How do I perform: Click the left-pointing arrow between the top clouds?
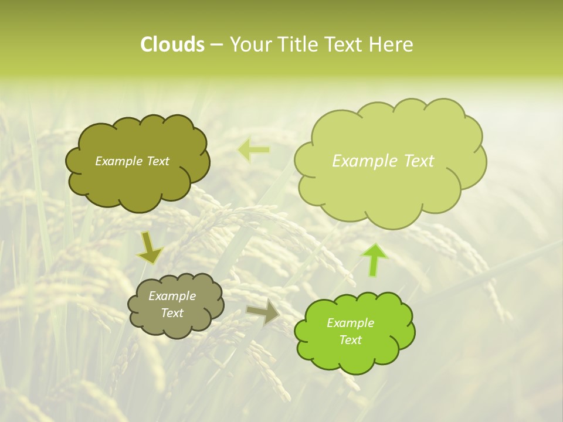254,150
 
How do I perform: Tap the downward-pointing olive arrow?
150,249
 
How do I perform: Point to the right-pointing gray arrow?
264,312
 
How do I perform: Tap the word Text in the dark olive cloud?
157,161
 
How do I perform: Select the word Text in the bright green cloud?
350,340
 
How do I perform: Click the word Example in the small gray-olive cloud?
172,296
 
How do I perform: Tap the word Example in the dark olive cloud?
118,161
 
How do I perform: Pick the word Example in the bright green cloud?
350,323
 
